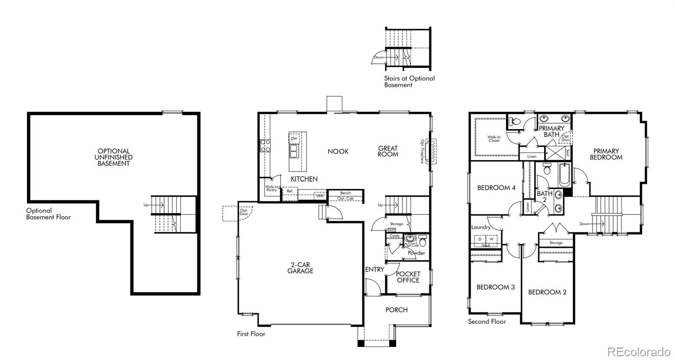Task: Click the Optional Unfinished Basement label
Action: (x=113, y=157)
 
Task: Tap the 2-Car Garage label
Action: (x=300, y=268)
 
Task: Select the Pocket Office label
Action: (x=408, y=277)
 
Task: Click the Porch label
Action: (x=396, y=310)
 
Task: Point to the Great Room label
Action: (x=388, y=151)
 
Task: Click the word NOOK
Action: (x=338, y=152)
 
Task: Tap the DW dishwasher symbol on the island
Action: (x=294, y=138)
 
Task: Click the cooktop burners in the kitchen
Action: (x=265, y=146)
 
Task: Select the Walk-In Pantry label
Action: (x=271, y=188)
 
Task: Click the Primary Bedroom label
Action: (x=606, y=154)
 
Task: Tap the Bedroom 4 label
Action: (x=496, y=188)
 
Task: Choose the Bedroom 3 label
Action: (x=495, y=287)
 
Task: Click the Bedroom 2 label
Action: (x=547, y=292)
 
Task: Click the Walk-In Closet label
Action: (x=494, y=138)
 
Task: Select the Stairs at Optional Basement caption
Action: (x=409, y=81)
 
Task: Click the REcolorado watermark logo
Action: (x=638, y=351)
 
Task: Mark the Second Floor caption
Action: (x=487, y=322)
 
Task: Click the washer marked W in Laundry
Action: (x=491, y=239)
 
